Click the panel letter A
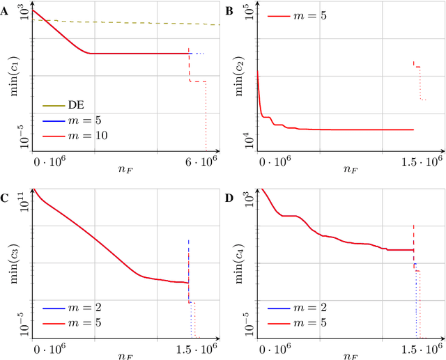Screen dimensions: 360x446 [x=5, y=8]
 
